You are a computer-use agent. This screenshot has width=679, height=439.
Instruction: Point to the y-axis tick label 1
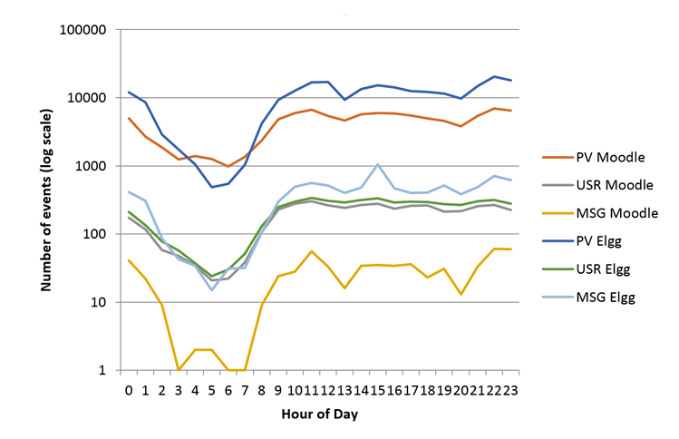107,370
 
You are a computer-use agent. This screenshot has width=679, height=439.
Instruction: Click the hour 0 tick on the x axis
129,388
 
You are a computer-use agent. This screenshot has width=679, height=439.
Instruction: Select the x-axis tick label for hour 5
211,388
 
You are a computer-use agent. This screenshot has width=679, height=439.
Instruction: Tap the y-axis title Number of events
45,198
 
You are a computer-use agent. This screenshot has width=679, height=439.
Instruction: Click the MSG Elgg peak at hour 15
377,165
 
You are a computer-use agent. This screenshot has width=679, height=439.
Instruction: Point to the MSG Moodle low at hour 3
179,369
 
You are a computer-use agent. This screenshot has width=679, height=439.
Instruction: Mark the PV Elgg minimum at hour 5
211,187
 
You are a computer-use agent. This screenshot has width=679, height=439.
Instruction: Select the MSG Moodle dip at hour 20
462,294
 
